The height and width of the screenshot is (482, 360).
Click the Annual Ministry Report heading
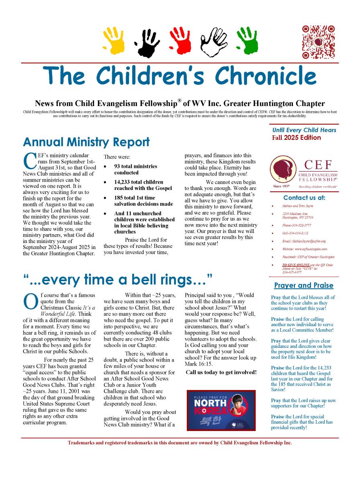point(86,142)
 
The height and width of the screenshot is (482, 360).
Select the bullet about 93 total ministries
point(135,169)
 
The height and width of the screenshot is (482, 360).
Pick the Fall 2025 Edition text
point(296,138)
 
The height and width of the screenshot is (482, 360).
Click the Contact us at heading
point(304,198)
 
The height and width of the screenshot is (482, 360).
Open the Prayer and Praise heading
point(304,285)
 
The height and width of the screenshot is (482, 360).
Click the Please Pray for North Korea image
point(221,410)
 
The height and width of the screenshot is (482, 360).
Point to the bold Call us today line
point(221,372)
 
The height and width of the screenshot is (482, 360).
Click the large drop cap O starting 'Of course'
point(31,302)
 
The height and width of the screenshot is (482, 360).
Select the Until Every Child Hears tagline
point(304,130)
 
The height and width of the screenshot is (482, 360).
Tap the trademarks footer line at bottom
point(180,443)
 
